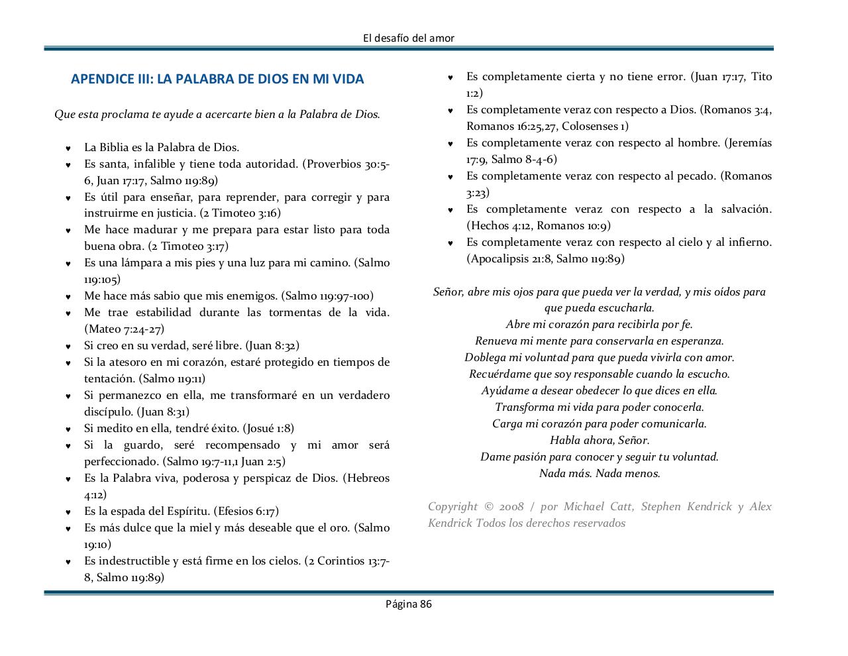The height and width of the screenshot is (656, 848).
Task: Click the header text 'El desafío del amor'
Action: [409, 38]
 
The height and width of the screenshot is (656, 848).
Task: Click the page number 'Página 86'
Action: [409, 604]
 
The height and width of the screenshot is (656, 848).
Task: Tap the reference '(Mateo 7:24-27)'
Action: [124, 329]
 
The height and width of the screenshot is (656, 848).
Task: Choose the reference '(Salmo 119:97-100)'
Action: [327, 296]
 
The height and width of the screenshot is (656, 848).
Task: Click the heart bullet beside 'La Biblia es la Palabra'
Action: [68, 148]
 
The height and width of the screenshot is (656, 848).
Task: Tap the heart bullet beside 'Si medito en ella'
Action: [68, 429]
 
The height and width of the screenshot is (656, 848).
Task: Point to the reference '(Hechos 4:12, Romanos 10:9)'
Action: [539, 226]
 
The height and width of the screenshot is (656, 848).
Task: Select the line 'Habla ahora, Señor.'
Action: [600, 441]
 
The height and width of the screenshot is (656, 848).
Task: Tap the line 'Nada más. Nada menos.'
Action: [600, 474]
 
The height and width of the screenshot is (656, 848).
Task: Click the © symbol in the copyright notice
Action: [488, 507]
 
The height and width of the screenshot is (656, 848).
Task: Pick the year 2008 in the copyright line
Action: [512, 507]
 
